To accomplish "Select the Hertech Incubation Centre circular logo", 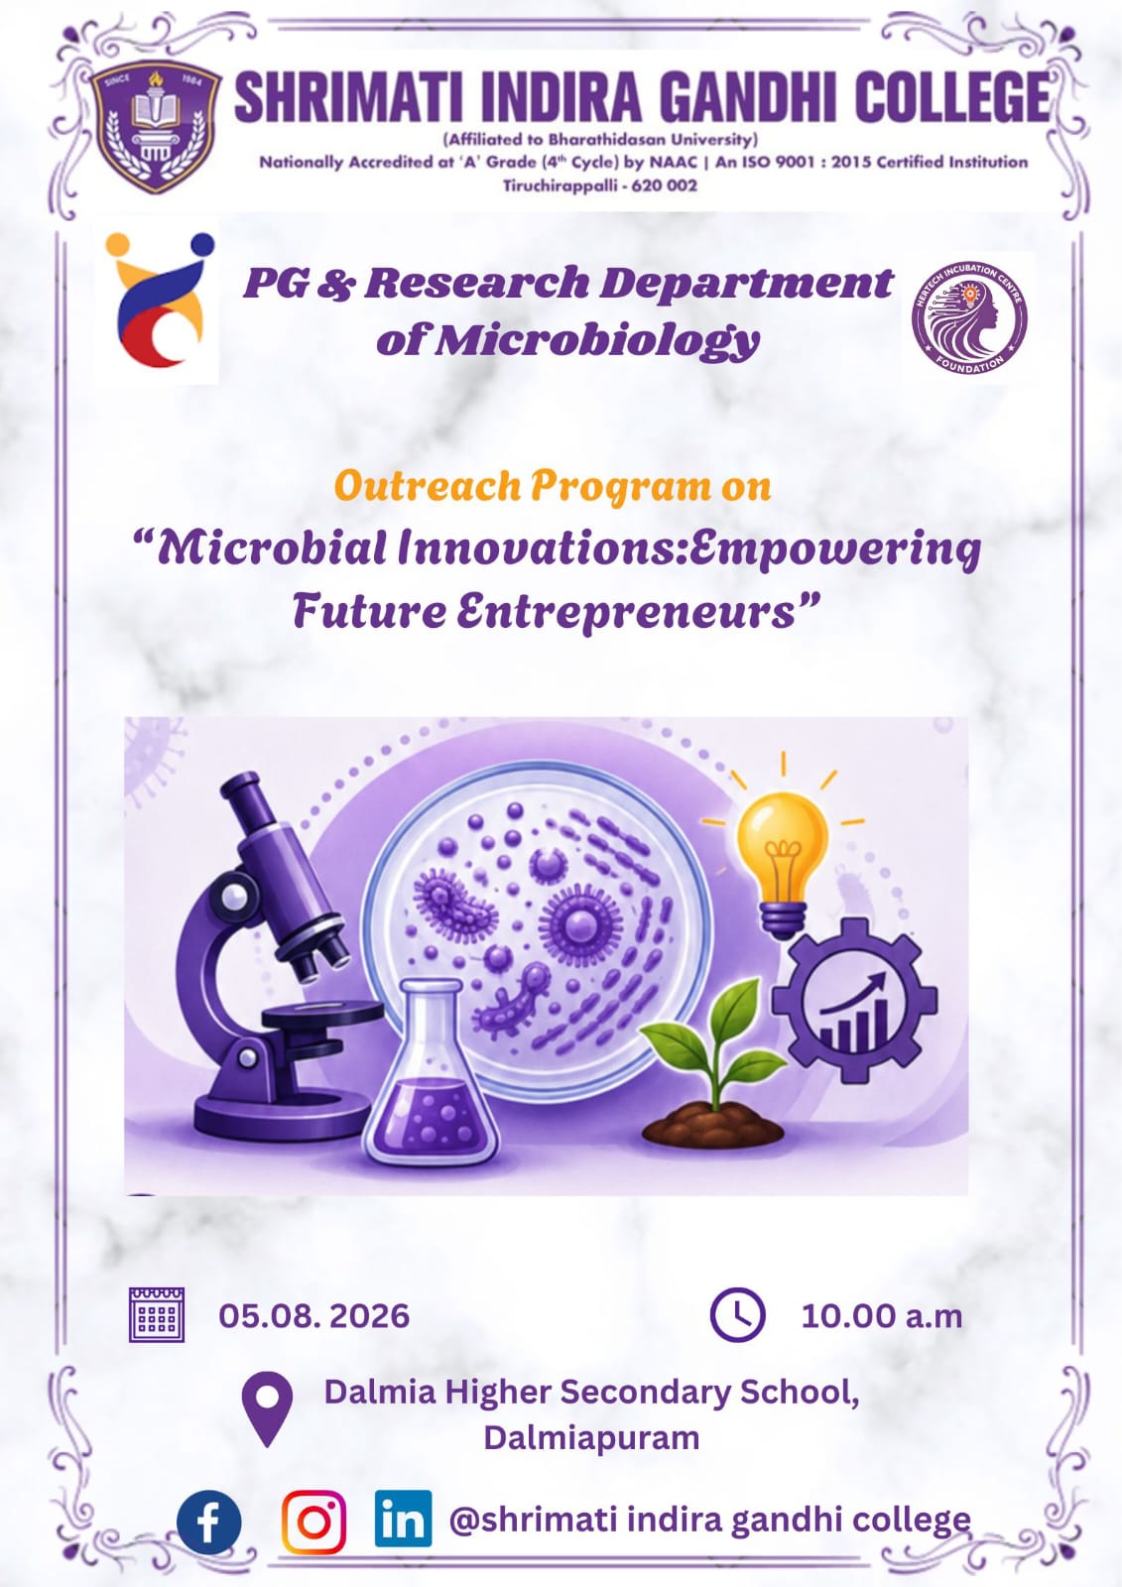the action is coord(969,317).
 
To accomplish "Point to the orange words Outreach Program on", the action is coord(553,487).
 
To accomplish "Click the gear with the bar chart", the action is coord(855,1000).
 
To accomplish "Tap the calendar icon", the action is coord(157,1315).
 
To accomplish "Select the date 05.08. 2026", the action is coord(314,1315).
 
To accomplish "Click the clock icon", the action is coord(738,1314).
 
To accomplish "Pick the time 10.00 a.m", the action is coord(882,1315).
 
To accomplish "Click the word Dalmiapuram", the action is coord(592,1438).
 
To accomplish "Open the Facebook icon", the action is coord(208,1523).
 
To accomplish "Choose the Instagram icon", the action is coord(314,1522).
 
